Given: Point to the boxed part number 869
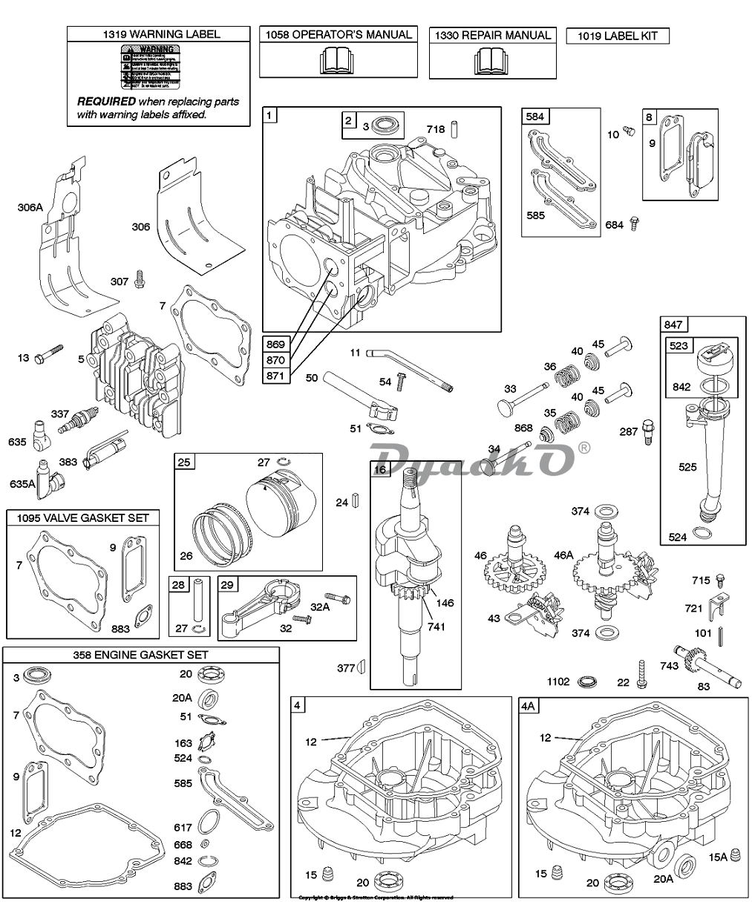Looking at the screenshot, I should pyautogui.click(x=275, y=345).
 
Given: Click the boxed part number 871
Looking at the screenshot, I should pyautogui.click(x=275, y=376).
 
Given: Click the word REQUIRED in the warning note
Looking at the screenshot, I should pyautogui.click(x=106, y=101).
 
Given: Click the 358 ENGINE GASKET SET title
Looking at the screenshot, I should pyautogui.click(x=140, y=654).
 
